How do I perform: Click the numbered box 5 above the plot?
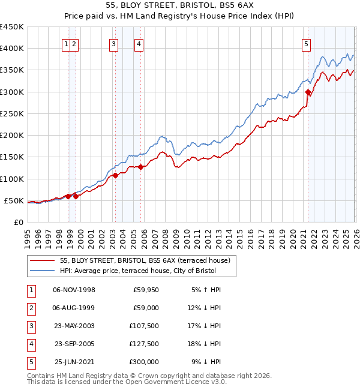(x=306, y=43)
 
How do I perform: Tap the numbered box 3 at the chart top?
(x=113, y=43)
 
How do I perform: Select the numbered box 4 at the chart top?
(x=139, y=43)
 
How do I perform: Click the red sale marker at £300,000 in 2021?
(x=308, y=92)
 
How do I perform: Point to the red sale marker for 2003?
(x=115, y=175)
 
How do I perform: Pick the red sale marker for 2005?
(x=140, y=167)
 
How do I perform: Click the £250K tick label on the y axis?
(x=12, y=113)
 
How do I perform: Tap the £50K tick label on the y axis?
(x=14, y=200)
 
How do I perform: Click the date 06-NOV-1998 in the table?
(x=74, y=290)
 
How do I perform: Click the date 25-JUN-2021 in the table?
(x=74, y=362)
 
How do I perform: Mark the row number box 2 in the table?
(x=30, y=308)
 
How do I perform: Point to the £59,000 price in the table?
(x=145, y=308)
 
